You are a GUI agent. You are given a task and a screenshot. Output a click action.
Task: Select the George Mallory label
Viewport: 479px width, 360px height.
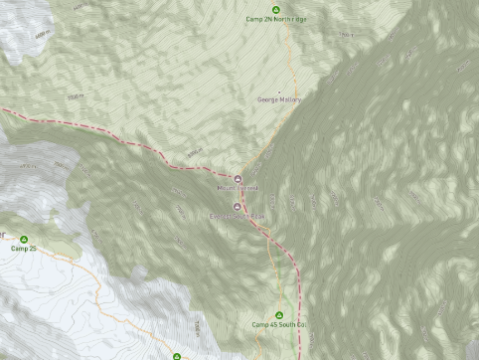[279, 99]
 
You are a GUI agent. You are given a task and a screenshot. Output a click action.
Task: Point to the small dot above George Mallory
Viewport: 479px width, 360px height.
[279, 91]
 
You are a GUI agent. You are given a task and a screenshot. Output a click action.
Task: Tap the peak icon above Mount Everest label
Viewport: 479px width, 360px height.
[238, 179]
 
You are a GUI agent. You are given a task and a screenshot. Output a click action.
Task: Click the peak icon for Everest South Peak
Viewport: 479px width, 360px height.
[237, 207]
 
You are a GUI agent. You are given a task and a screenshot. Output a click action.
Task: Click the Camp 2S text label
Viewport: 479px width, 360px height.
[24, 249]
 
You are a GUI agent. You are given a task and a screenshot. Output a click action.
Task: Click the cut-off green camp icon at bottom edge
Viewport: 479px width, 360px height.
[177, 356]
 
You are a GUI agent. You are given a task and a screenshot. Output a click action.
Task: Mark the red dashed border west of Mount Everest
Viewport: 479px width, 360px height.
[119, 139]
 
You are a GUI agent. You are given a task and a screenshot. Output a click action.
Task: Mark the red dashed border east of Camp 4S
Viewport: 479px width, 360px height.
[296, 298]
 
